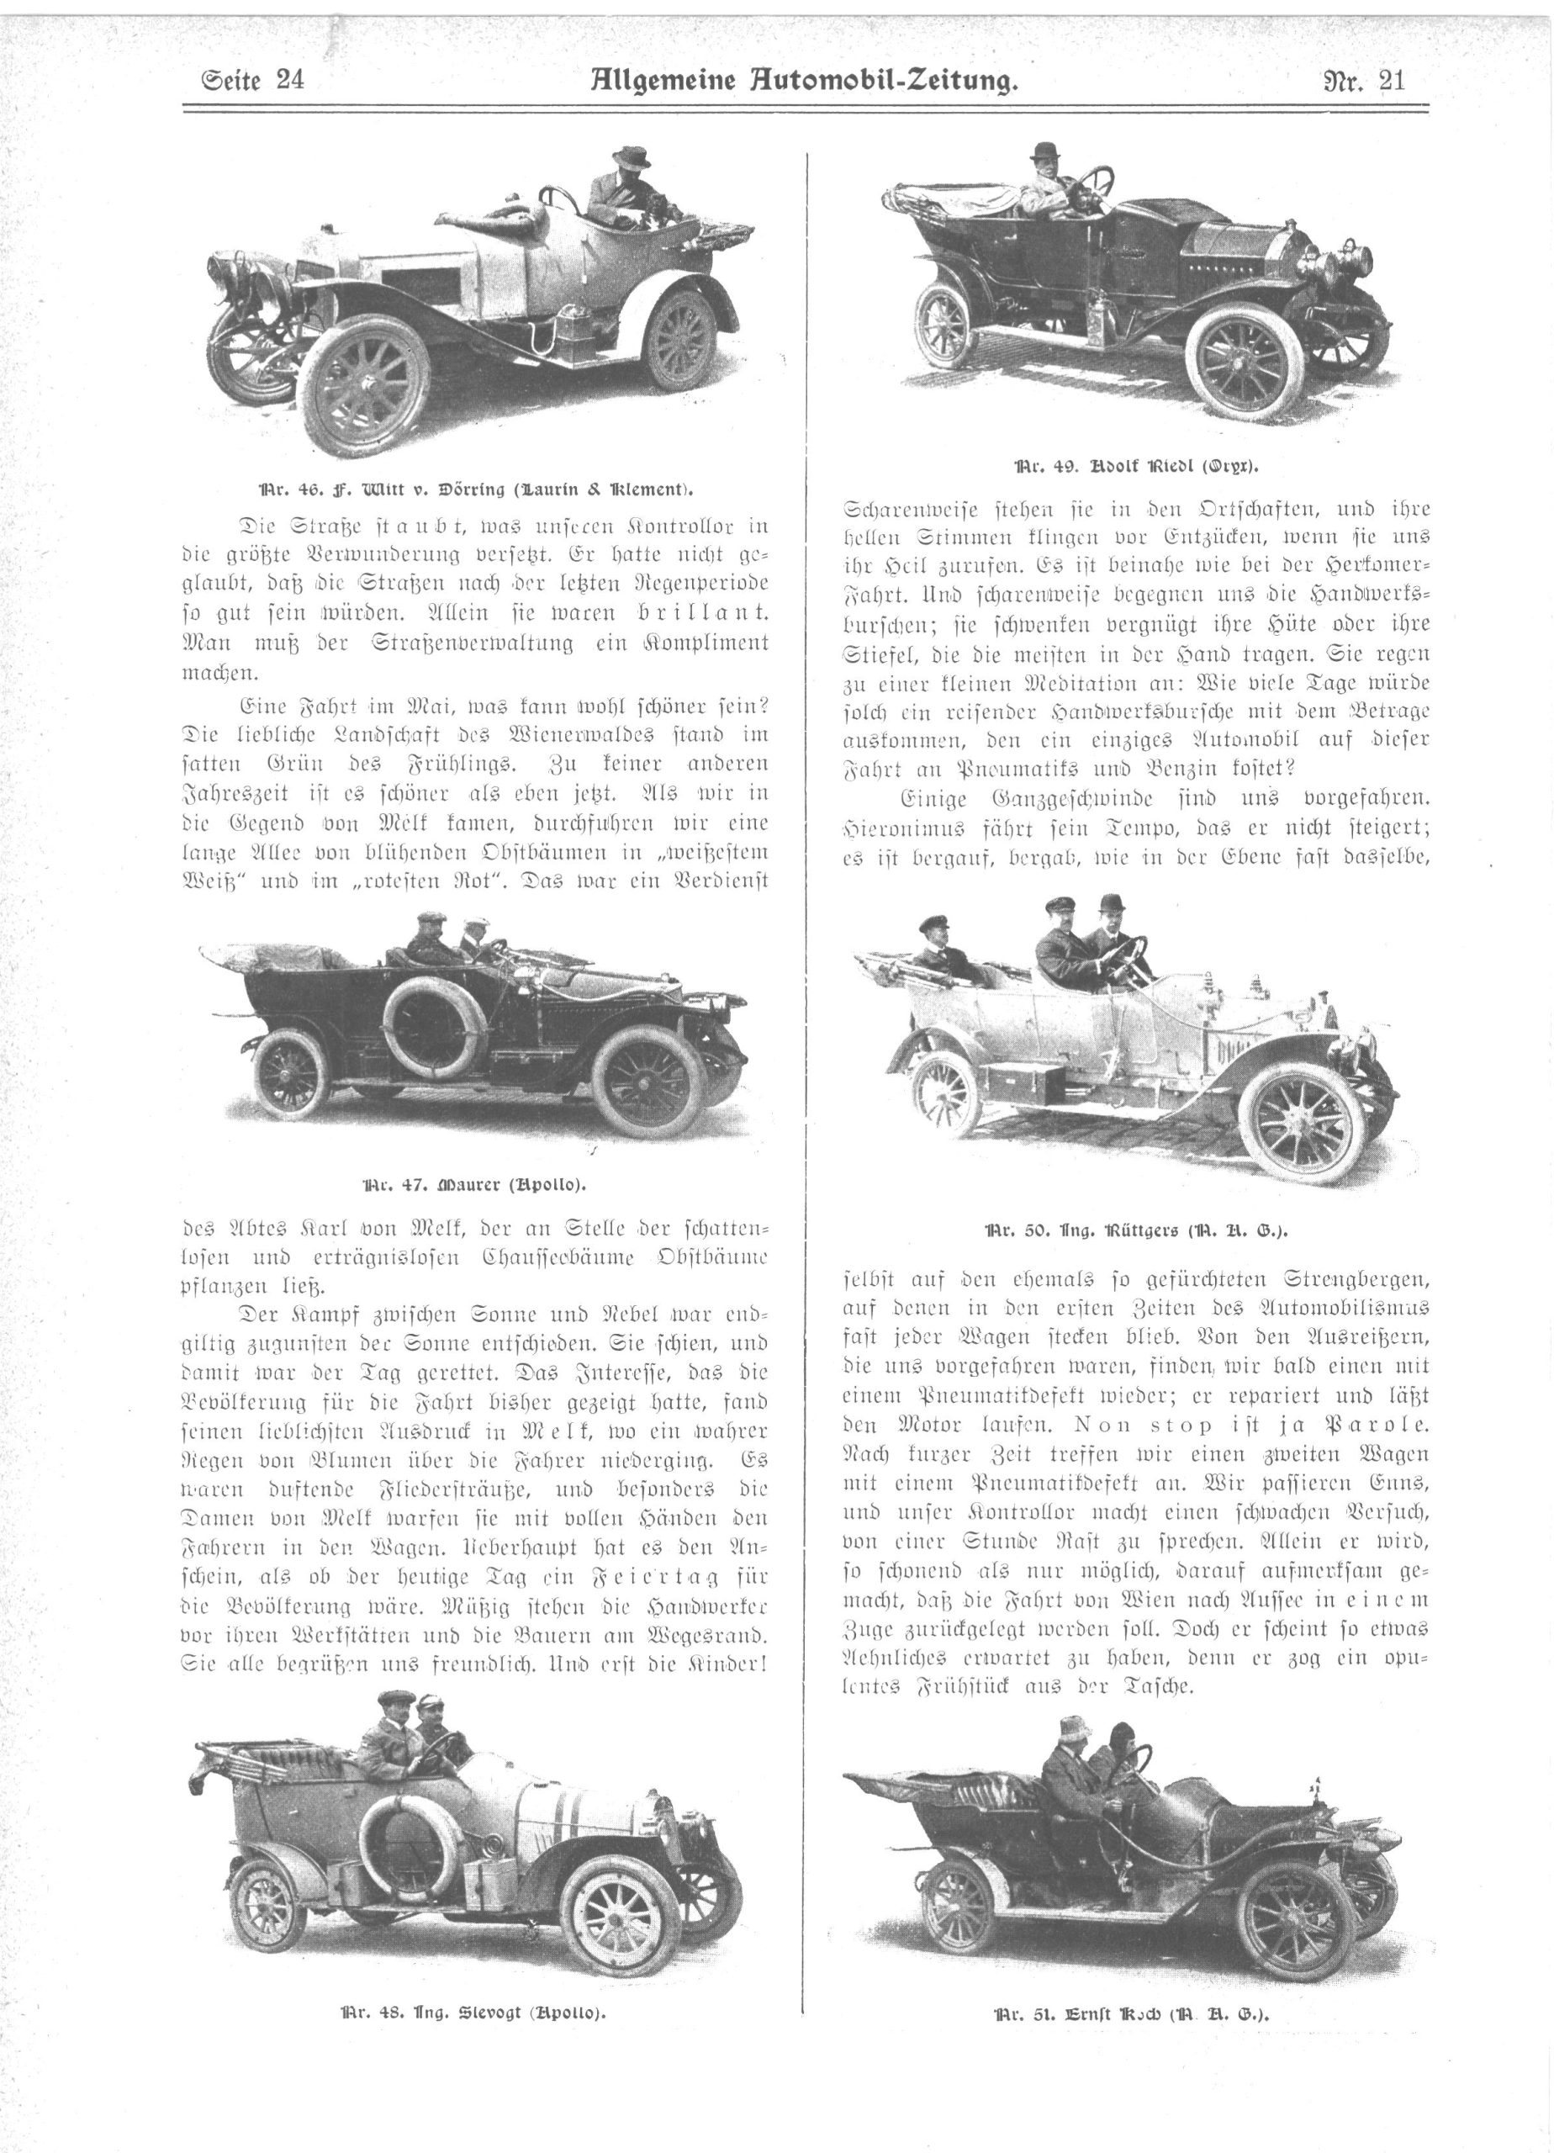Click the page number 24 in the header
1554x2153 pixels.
(x=288, y=81)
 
